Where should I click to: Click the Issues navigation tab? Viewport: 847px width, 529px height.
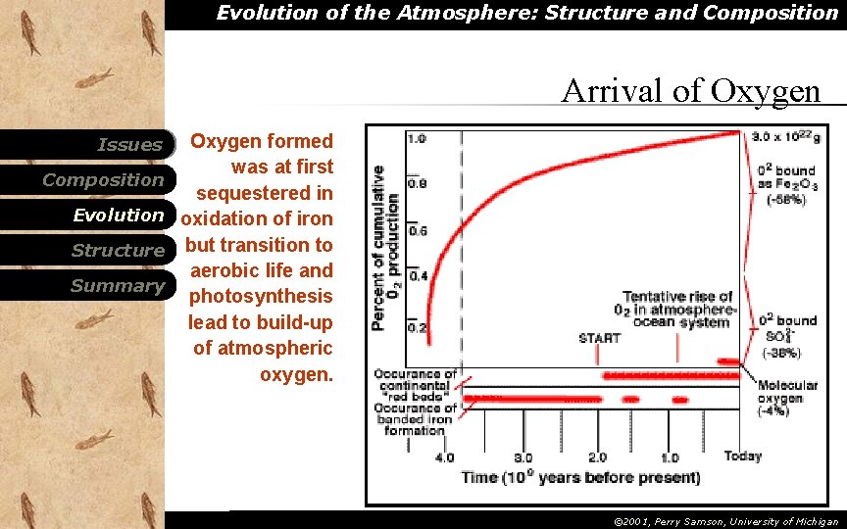point(129,145)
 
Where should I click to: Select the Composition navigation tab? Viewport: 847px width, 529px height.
point(103,180)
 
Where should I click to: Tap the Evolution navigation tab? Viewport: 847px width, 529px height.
point(118,216)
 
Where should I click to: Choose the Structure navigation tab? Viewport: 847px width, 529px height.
point(118,251)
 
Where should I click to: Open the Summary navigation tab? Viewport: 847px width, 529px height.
point(118,286)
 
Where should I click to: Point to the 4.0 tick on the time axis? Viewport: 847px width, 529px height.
point(444,457)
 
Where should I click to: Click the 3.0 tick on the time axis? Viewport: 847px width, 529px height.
point(523,457)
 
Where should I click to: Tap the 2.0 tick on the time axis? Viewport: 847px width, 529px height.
point(596,457)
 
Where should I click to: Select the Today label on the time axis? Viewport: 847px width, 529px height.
point(742,457)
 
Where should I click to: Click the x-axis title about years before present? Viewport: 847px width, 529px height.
point(580,478)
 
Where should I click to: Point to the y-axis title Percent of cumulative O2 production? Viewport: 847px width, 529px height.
point(385,247)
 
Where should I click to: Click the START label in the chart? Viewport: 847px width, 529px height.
point(599,338)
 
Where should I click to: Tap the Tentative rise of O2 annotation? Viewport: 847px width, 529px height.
point(677,309)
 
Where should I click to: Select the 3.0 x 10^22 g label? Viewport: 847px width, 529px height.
point(785,138)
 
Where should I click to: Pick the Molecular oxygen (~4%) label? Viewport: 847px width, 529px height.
point(780,398)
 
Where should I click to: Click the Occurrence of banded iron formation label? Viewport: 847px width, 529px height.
point(417,419)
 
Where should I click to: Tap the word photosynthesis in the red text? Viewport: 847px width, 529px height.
point(261,296)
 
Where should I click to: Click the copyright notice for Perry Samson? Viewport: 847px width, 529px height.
point(725,522)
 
